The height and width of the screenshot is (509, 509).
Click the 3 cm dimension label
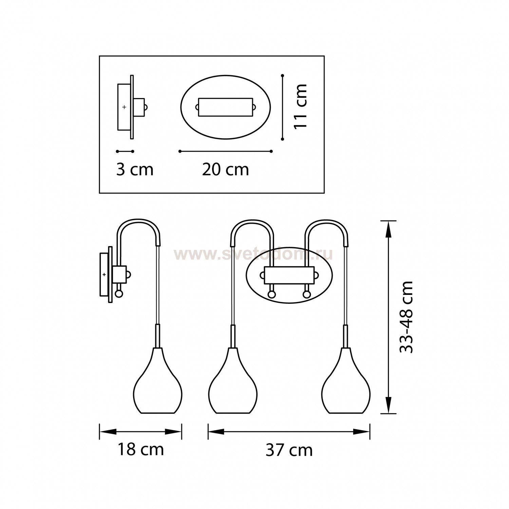[x=135, y=169]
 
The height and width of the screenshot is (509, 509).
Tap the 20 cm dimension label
[x=226, y=169]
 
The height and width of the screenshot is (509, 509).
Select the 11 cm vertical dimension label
[x=300, y=106]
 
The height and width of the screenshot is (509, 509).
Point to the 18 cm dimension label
[x=140, y=450]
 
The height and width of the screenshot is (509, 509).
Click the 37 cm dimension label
[x=289, y=450]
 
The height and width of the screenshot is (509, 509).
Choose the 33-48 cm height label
[x=406, y=317]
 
